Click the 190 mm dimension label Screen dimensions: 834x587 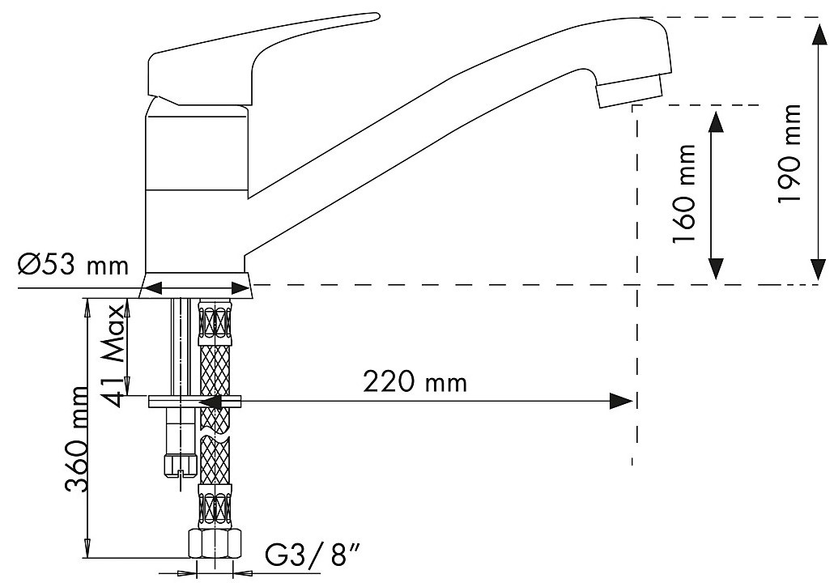click(x=789, y=153)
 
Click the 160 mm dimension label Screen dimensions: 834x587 click(x=684, y=193)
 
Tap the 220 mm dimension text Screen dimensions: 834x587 click(x=415, y=382)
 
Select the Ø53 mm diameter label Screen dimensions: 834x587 click(x=73, y=264)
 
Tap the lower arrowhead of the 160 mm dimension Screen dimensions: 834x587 click(x=716, y=267)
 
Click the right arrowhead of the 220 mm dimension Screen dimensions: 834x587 click(x=621, y=401)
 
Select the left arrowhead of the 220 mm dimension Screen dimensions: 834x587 click(x=211, y=402)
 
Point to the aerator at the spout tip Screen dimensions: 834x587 click(x=630, y=91)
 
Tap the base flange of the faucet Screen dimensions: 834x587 click(x=196, y=285)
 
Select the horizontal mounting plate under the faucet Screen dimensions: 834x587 click(x=194, y=402)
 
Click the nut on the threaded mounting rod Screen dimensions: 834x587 click(x=181, y=465)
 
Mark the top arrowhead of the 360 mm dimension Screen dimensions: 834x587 click(x=86, y=309)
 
